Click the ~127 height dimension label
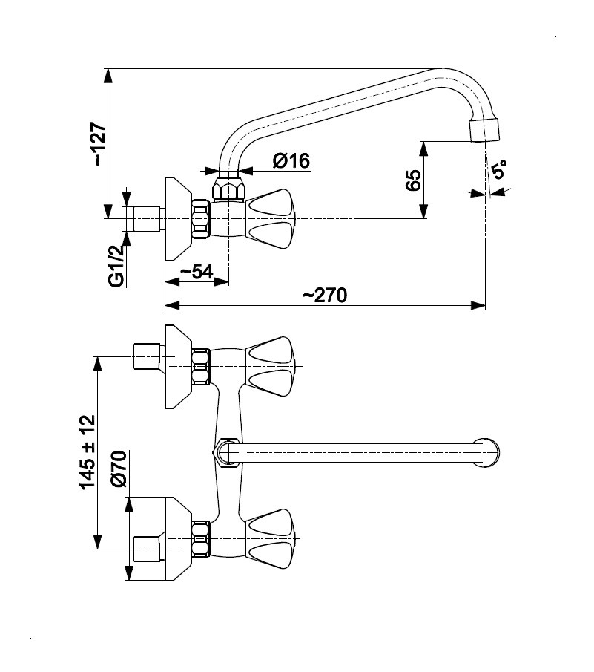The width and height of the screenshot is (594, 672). [x=99, y=143]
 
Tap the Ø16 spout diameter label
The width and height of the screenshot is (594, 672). [x=291, y=160]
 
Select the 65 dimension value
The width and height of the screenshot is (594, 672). [x=414, y=180]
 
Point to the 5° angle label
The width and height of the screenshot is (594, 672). [x=499, y=170]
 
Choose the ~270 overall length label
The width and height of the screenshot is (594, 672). [x=325, y=295]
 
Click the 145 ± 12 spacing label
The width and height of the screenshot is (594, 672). [x=87, y=451]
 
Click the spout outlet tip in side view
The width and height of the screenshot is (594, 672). [x=486, y=131]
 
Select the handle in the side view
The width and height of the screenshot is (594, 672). [x=271, y=218]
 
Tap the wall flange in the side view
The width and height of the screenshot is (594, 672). [x=178, y=218]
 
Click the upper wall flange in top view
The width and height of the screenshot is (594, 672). [x=178, y=365]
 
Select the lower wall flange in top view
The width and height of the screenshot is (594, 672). [x=178, y=538]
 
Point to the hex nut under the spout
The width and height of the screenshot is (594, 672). [x=228, y=188]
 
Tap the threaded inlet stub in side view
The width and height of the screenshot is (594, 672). [x=145, y=219]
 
